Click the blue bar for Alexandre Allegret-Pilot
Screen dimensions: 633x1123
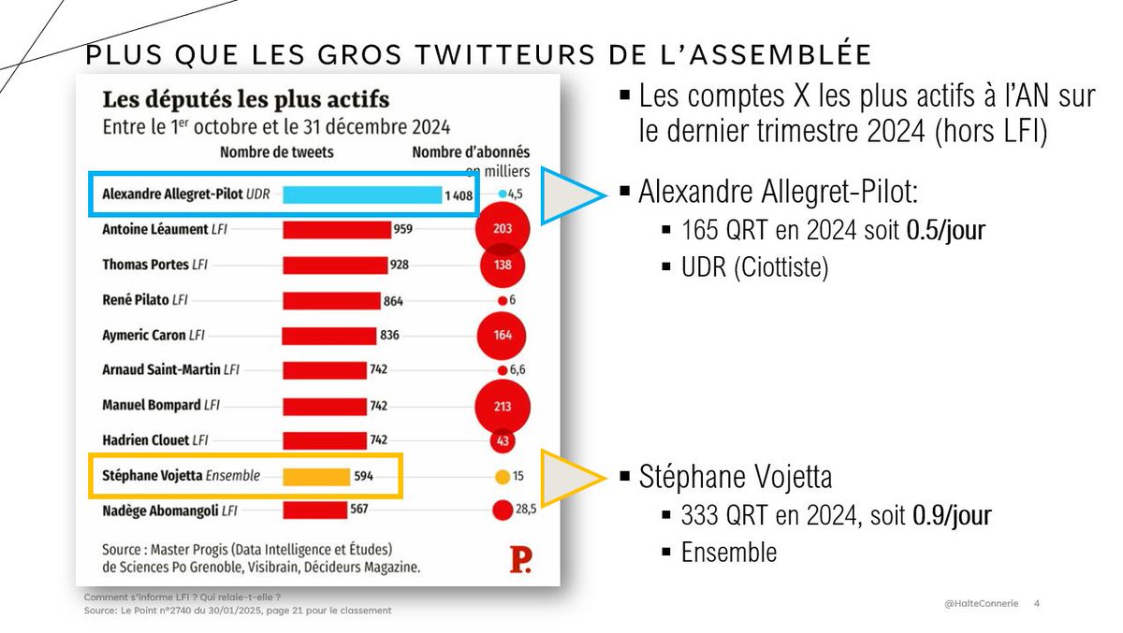tap(362, 194)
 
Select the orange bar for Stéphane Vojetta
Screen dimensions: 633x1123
tap(316, 476)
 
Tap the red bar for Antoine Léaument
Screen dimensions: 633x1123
tap(337, 230)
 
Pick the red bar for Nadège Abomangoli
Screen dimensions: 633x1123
tap(314, 511)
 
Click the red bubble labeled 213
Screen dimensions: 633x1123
tap(503, 406)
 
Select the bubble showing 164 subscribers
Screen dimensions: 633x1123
tap(503, 335)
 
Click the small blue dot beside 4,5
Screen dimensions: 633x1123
tap(503, 194)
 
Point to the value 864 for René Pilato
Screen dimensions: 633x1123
tap(394, 300)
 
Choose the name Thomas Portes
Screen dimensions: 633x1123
tap(145, 266)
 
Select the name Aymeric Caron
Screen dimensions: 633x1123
tap(143, 335)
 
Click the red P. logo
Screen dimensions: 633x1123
tap(520, 559)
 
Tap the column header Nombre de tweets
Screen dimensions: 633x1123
tap(276, 151)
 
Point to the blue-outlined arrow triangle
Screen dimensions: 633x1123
tap(573, 194)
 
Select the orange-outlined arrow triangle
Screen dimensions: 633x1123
tap(573, 476)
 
